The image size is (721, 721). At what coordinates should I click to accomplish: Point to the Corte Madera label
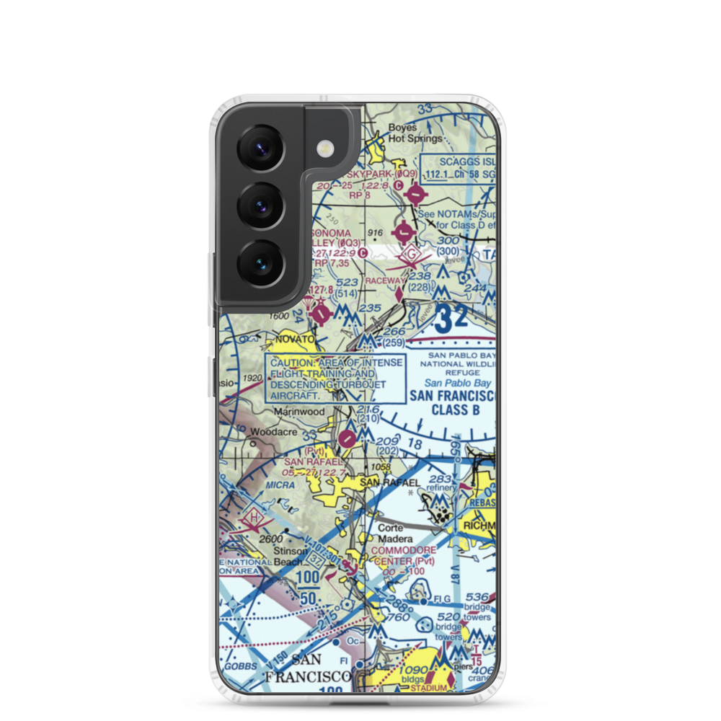tap(396, 533)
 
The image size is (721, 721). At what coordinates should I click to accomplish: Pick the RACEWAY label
tap(386, 280)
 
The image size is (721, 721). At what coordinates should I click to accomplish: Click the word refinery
tap(441, 488)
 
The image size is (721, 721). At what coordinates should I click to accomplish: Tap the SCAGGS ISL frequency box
tap(459, 167)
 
